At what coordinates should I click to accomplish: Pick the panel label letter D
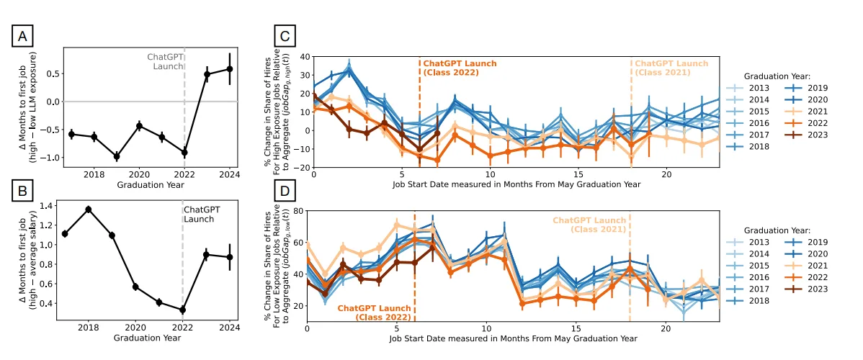[286, 192]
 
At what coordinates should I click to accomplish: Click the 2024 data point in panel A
[230, 68]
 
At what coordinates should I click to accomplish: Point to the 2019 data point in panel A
[117, 156]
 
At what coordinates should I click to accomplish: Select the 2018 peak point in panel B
[89, 210]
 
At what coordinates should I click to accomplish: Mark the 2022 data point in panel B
[183, 310]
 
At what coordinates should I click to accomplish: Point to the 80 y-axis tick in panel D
[296, 211]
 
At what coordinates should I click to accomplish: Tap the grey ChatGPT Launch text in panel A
[165, 61]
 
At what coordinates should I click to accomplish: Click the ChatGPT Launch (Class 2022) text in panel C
[459, 68]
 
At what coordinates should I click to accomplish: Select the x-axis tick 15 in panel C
[578, 174]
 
